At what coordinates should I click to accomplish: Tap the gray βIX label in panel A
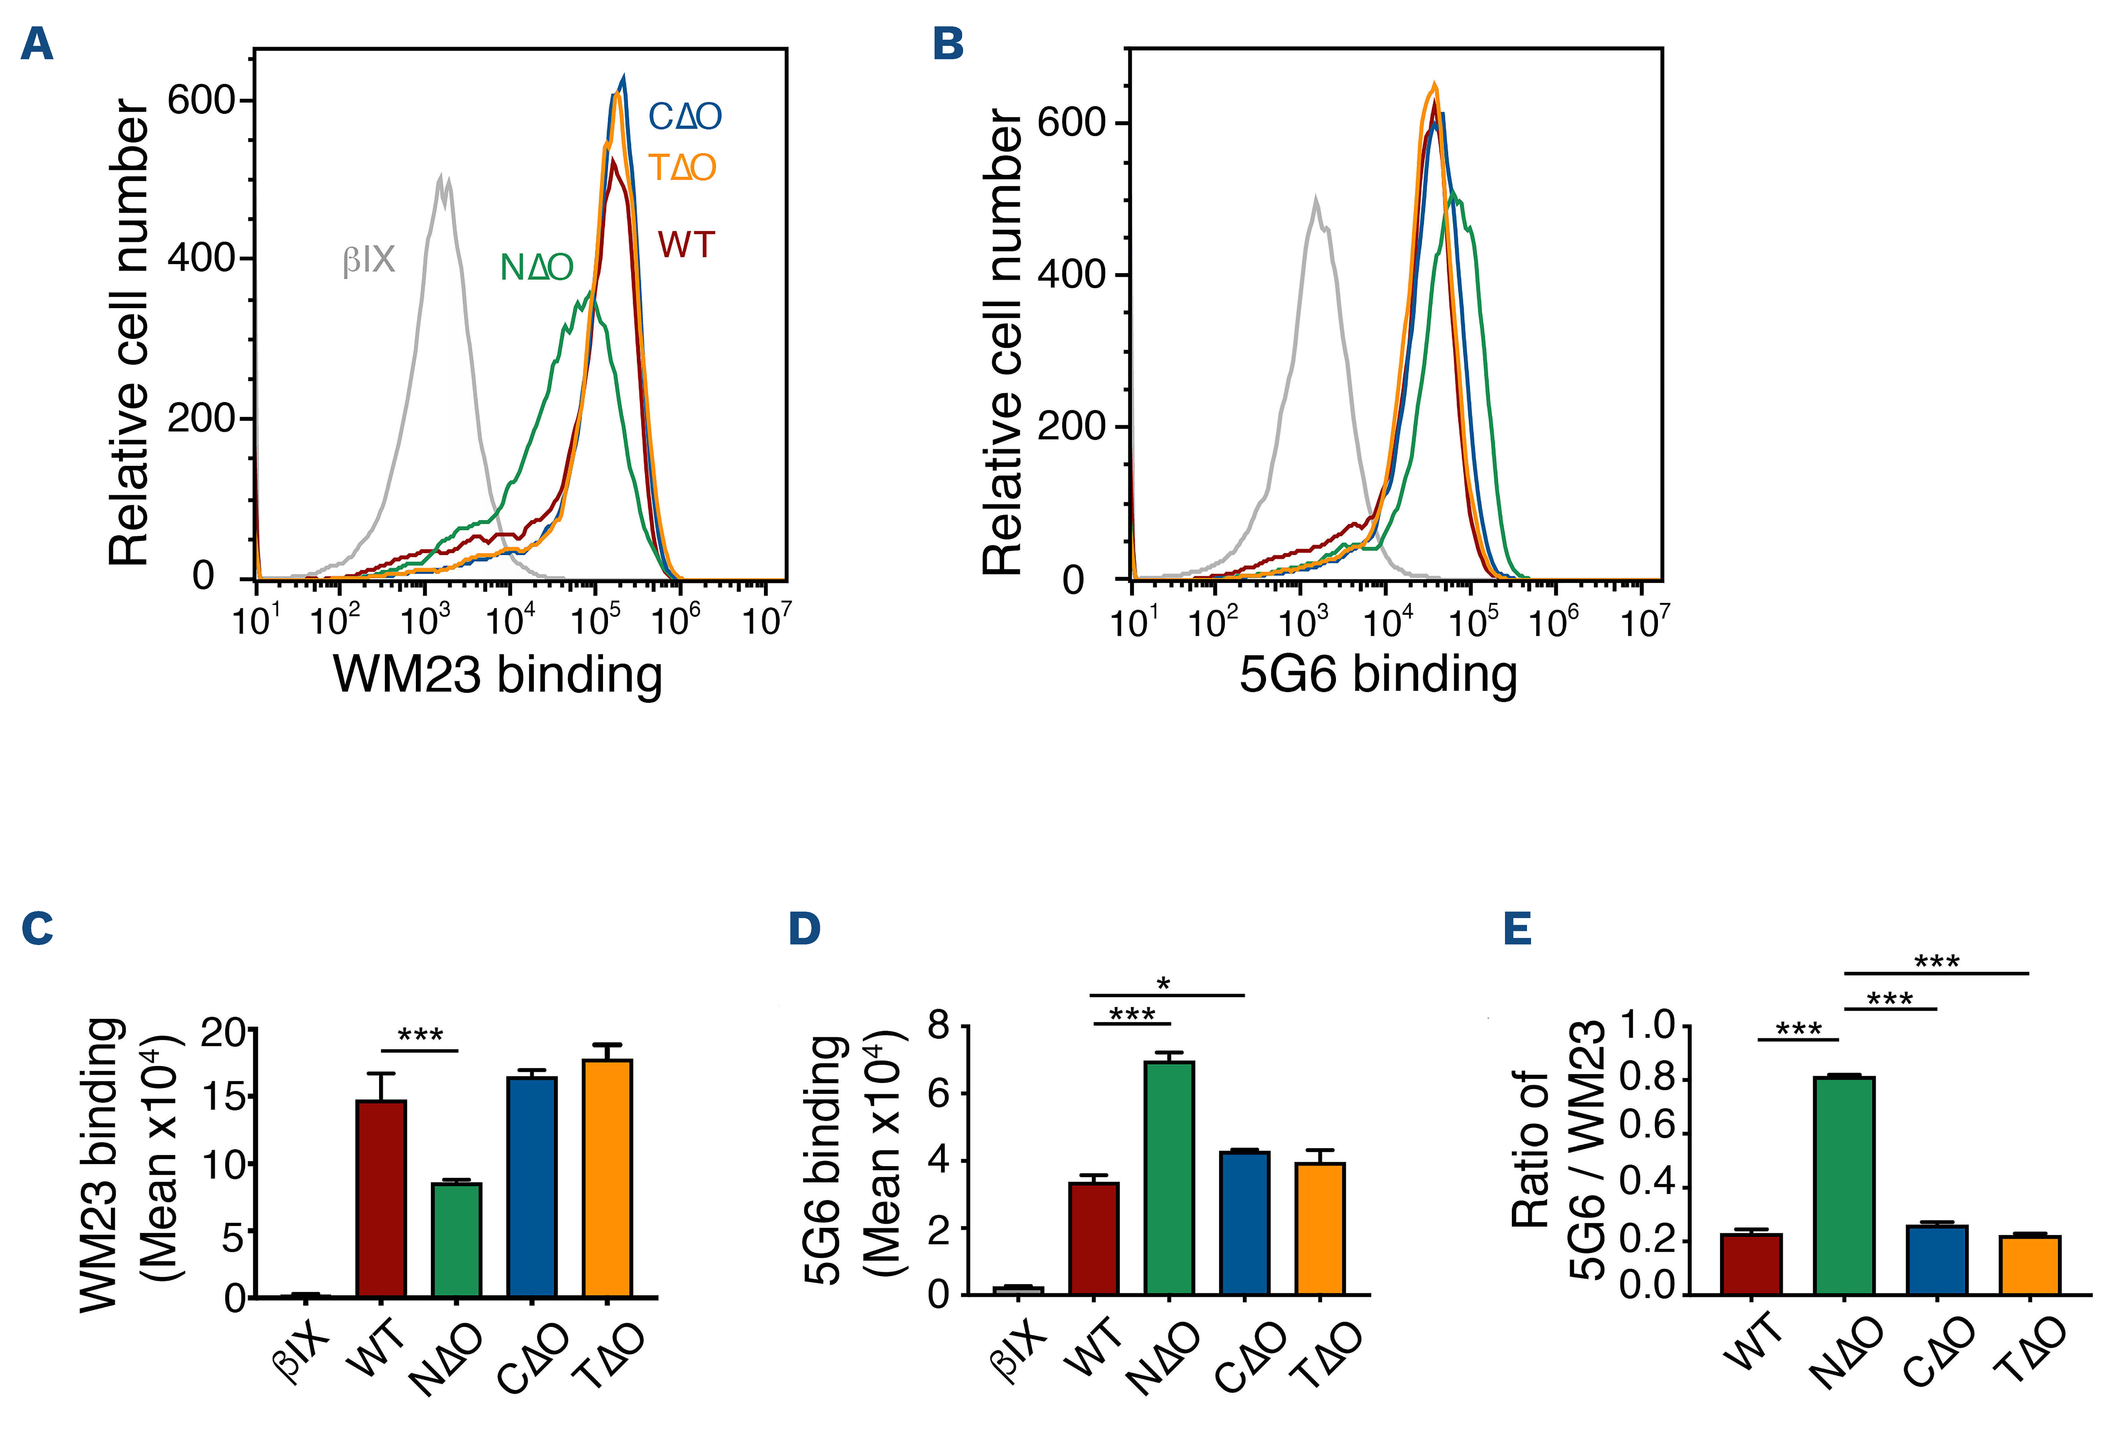(369, 261)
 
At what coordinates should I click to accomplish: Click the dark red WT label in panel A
(686, 245)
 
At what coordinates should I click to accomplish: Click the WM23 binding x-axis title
(498, 675)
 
